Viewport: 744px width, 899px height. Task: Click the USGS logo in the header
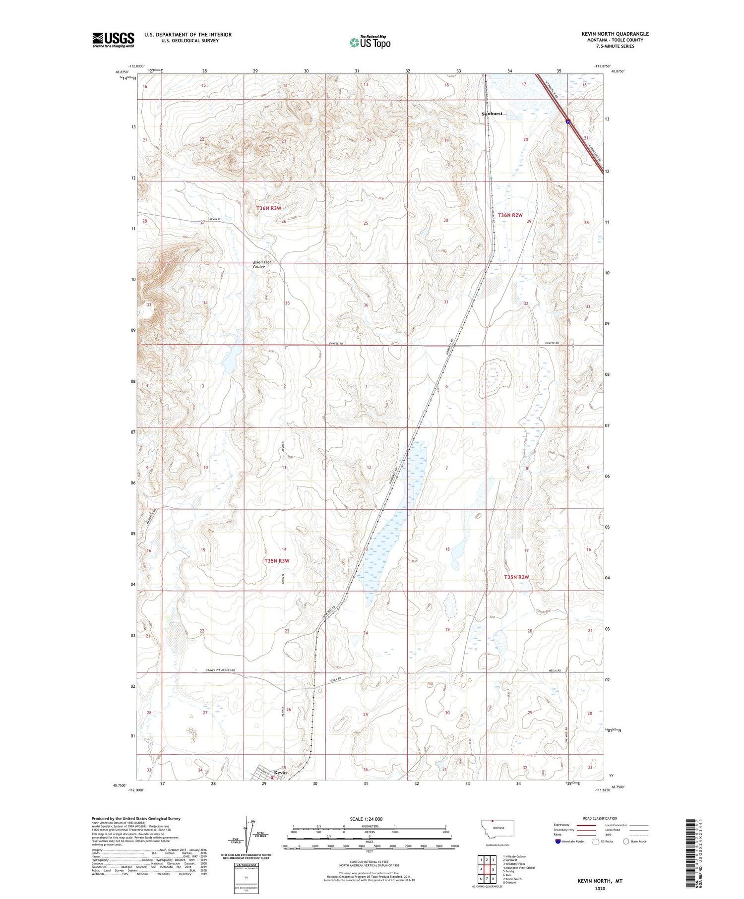113,40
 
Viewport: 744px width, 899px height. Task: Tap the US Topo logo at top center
370,43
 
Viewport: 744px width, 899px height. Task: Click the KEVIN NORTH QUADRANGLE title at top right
615,34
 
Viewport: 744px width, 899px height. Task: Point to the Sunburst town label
493,114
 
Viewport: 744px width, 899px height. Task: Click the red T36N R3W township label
269,208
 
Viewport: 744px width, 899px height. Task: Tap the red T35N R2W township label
516,577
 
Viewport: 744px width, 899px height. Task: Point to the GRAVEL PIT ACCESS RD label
220,670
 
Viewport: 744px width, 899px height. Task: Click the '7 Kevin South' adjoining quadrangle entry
512,879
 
